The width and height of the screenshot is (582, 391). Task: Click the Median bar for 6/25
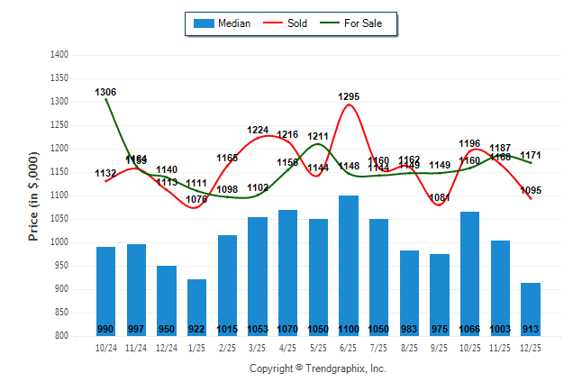(x=349, y=261)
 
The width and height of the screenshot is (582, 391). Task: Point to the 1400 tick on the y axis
(x=60, y=55)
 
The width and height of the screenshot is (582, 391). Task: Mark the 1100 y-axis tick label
(x=60, y=195)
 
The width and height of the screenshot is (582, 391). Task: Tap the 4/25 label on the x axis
(x=288, y=347)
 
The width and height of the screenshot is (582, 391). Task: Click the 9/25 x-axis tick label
(x=440, y=347)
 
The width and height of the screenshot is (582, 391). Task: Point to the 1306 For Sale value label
(x=105, y=92)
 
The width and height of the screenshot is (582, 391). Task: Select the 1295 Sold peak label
(x=349, y=96)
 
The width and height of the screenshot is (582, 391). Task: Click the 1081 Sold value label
(x=440, y=198)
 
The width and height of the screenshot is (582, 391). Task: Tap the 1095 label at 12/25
(x=531, y=190)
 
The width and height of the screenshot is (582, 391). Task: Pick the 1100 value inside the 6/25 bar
(x=349, y=329)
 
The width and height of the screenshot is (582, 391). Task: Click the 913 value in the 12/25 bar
(x=531, y=329)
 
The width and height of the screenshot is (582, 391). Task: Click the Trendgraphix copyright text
(x=317, y=368)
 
